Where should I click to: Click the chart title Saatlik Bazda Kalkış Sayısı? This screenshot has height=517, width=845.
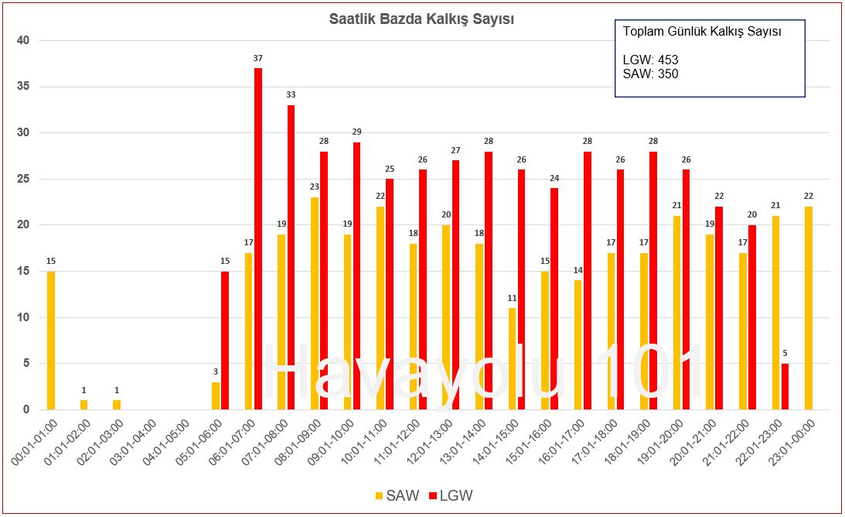[421, 19]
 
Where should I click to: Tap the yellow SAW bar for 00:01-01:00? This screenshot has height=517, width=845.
[51, 340]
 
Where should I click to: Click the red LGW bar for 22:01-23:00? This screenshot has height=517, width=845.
[785, 386]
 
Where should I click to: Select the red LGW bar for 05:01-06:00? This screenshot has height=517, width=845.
[225, 340]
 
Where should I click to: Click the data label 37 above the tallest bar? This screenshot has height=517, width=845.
[258, 58]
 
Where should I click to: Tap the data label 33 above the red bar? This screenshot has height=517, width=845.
[291, 95]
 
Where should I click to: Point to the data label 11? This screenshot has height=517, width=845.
[513, 298]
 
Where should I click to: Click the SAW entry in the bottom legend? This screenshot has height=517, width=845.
[397, 495]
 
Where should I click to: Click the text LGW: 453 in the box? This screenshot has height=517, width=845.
[650, 60]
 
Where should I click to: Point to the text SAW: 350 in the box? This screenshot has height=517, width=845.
[650, 74]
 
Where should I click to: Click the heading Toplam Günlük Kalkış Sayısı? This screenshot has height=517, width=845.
[701, 32]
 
